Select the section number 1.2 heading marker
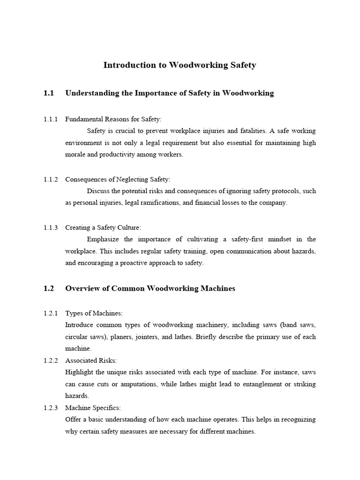pos(49,288)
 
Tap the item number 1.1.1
pos(50,120)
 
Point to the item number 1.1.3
pos(50,228)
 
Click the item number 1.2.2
pos(50,360)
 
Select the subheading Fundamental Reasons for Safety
pos(113,120)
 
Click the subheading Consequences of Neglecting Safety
pos(118,179)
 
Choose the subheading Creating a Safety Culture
pos(103,228)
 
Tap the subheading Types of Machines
pos(94,313)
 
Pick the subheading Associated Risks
pos(91,360)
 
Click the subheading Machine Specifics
pos(93,408)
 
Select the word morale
pos(75,154)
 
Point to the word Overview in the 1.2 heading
pos(81,288)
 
